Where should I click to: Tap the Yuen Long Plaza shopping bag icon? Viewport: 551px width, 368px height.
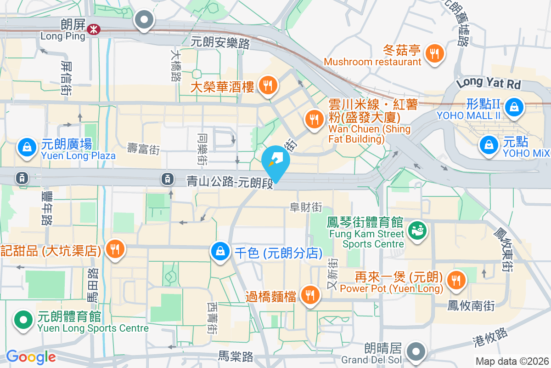pyautogui.click(x=27, y=147)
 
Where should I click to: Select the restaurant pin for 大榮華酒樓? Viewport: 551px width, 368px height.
pyautogui.click(x=267, y=85)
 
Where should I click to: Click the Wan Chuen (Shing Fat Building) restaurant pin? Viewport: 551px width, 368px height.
pyautogui.click(x=314, y=120)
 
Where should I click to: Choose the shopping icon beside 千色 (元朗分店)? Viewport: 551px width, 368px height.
pyautogui.click(x=220, y=251)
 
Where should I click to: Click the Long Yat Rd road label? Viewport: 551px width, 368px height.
pyautogui.click(x=489, y=84)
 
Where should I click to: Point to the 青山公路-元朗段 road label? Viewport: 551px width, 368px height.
pyautogui.click(x=230, y=181)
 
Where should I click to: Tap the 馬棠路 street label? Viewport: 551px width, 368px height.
pyautogui.click(x=236, y=356)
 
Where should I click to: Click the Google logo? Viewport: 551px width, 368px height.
pyautogui.click(x=31, y=356)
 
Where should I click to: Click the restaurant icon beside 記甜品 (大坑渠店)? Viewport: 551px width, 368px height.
pyautogui.click(x=114, y=249)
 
